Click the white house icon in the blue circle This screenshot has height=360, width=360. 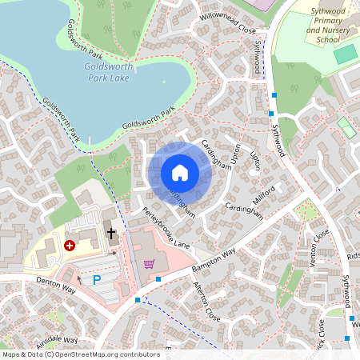[x=180, y=173]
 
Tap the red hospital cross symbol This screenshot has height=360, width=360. [x=70, y=246]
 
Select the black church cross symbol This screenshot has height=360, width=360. [x=112, y=234]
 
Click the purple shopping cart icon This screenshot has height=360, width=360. [x=148, y=263]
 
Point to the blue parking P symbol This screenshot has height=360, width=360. [x=97, y=280]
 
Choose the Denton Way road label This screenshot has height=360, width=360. [x=54, y=286]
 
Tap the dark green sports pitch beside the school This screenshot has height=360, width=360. [x=345, y=54]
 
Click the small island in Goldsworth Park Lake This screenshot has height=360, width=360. [x=164, y=80]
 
